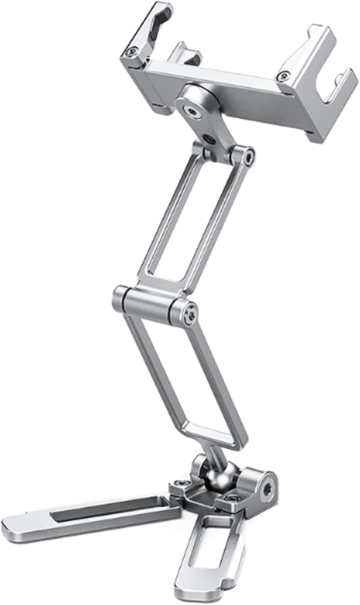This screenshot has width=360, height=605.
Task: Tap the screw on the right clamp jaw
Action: (x=286, y=77)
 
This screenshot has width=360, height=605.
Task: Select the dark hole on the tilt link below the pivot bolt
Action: (x=208, y=139)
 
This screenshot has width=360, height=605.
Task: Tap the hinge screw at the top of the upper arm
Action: (x=248, y=155)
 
